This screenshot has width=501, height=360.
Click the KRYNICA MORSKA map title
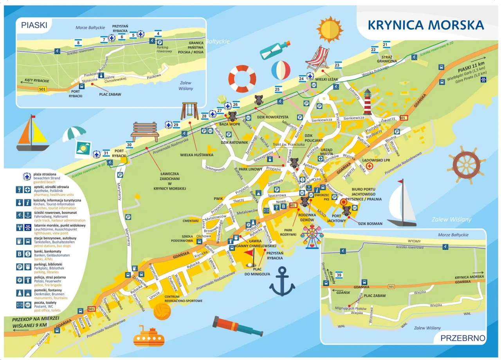click(x=426, y=25)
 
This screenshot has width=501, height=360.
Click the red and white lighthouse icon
click(x=367, y=101)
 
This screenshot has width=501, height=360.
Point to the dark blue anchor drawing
click(x=282, y=281)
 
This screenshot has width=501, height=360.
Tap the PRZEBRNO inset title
click(x=463, y=338)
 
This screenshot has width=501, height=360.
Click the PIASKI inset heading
click(x=34, y=25)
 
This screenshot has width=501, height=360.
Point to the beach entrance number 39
click(x=339, y=276)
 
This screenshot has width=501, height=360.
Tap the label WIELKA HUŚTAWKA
click(x=196, y=155)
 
